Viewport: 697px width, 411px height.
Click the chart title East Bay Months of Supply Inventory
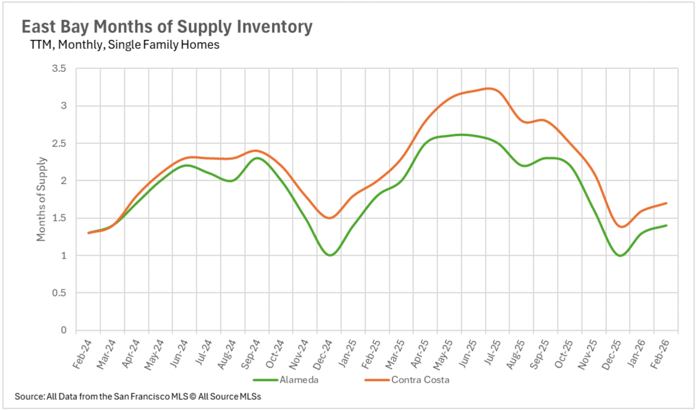[167, 27]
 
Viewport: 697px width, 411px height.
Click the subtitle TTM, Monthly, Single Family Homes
[125, 45]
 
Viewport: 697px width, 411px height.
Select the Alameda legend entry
[299, 380]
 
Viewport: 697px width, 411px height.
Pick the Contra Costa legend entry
[420, 380]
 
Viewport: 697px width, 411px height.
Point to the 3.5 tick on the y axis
[59, 68]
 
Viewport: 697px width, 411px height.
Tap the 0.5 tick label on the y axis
[59, 293]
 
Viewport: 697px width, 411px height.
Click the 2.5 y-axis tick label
[59, 143]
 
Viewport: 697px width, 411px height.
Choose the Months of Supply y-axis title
[41, 199]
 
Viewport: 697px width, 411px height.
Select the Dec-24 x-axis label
[323, 355]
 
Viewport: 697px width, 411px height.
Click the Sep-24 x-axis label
[250, 354]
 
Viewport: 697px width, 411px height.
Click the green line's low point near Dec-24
[330, 255]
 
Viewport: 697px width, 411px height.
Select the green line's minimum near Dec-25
[620, 255]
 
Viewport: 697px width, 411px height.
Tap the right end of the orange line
[666, 203]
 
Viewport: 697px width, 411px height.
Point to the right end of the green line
[666, 225]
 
